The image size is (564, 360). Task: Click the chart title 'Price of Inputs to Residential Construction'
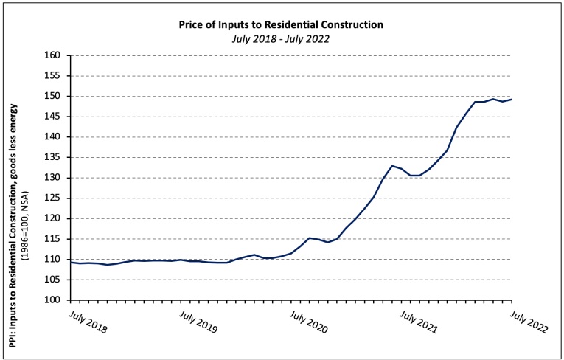[x=281, y=24]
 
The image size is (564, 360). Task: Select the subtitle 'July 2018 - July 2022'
[x=281, y=38]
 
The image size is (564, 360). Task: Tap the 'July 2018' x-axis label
[x=87, y=322]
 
